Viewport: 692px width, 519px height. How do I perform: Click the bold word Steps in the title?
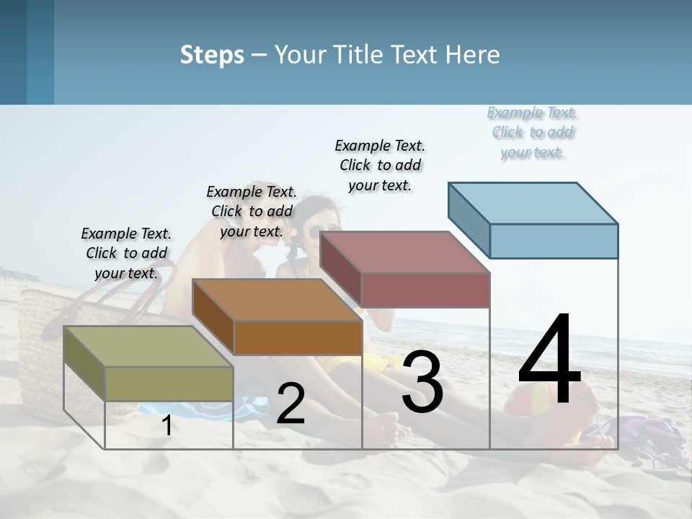point(212,55)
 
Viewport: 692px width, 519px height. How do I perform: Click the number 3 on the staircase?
point(422,382)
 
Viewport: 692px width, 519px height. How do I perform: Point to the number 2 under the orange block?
point(290,404)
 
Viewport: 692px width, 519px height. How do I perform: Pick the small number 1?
point(167,426)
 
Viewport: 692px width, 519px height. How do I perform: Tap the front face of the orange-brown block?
point(298,337)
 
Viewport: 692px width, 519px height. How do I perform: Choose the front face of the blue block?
point(554,241)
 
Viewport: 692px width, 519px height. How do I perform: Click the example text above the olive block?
point(126,253)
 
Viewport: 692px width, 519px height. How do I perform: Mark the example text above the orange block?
point(252,211)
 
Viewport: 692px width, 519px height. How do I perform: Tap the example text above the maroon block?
point(380,165)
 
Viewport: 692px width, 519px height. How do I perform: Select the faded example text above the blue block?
point(532,132)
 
